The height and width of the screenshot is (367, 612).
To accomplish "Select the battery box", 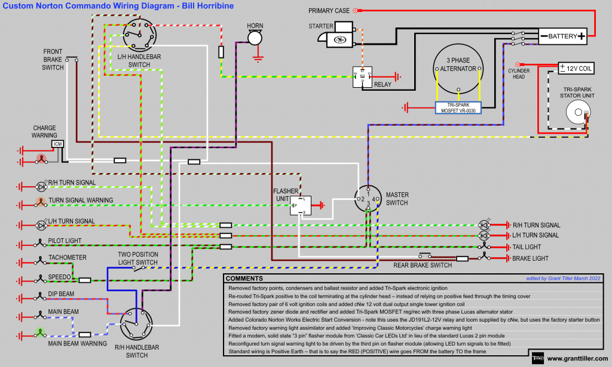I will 562,36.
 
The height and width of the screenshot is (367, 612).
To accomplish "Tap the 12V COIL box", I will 576,69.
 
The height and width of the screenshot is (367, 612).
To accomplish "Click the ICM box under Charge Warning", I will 57,144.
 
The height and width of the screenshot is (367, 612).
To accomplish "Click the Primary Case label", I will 329,11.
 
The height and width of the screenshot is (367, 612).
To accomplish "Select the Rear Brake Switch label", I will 423,265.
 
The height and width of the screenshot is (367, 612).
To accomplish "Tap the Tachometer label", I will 67,257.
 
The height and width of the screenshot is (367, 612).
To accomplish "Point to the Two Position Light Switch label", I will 138,258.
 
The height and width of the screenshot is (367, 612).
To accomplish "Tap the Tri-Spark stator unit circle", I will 576,110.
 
